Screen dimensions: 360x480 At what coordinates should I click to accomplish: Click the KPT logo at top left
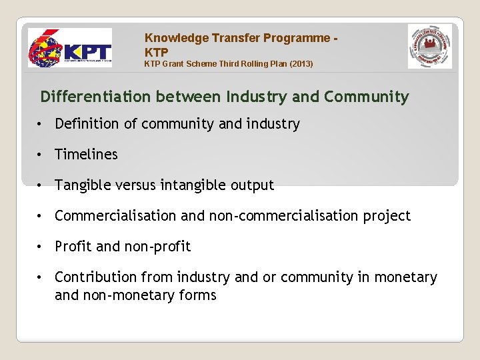[x=69, y=48]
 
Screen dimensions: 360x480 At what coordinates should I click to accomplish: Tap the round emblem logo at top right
[x=429, y=47]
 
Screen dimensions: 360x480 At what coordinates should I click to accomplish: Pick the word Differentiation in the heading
[x=95, y=97]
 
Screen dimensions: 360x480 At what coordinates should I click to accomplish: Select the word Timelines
[x=86, y=155]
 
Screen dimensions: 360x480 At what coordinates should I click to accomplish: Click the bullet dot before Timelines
[x=41, y=155]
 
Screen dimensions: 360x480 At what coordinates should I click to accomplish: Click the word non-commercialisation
[x=288, y=216]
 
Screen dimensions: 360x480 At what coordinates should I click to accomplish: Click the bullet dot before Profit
[x=41, y=247]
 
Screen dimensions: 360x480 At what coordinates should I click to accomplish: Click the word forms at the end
[x=197, y=295]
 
